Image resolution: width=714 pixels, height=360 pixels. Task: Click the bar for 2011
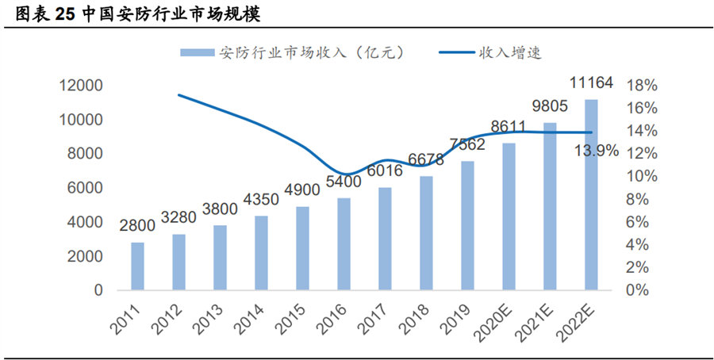coord(138,266)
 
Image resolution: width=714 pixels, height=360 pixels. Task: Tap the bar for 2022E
coord(591,195)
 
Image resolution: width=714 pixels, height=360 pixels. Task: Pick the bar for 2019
coord(467,226)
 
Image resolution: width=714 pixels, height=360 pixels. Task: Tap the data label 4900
coord(302,191)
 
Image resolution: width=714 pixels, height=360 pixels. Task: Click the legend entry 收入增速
coord(509,52)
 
